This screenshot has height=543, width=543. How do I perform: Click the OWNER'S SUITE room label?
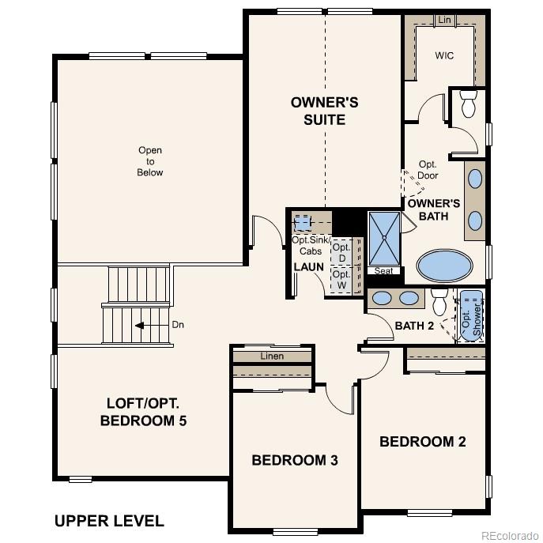coord(324,111)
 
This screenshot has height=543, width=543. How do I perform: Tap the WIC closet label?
coord(444,56)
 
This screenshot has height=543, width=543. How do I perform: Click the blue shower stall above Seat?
coord(385,239)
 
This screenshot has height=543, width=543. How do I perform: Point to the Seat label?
coord(384,271)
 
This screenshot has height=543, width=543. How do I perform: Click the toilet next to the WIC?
coord(468,101)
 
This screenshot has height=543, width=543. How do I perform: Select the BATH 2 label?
coord(414,326)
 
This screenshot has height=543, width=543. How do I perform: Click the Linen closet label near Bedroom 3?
coord(272,356)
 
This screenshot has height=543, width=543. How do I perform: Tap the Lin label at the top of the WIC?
coord(444,19)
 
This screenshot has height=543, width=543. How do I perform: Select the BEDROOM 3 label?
coord(295,460)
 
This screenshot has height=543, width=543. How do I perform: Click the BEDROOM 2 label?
coord(422,442)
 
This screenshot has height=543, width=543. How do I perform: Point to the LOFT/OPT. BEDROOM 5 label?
coord(144,410)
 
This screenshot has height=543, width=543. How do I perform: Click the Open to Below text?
coord(150,161)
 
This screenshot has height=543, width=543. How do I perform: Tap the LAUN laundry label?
coord(308,267)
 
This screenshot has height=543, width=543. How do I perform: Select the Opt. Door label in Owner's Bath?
coord(428,170)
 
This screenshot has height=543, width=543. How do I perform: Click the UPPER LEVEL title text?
coord(109,521)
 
